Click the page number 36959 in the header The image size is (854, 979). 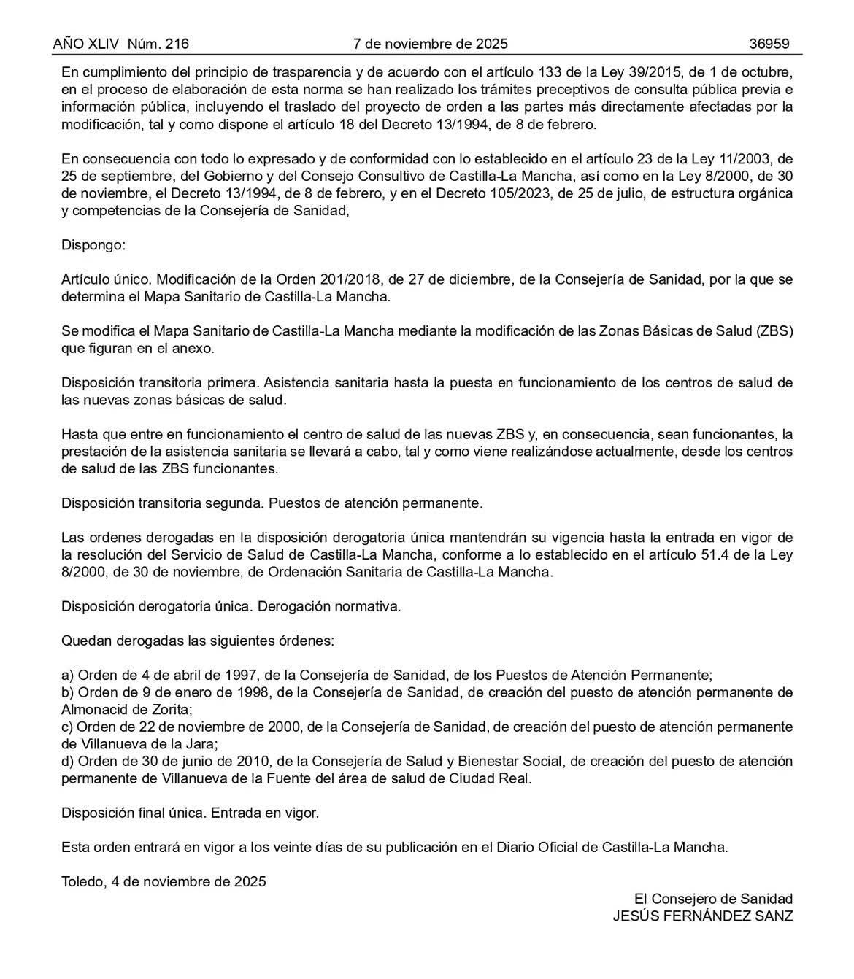(769, 44)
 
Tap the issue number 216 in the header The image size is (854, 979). (177, 44)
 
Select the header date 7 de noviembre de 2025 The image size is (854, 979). (431, 44)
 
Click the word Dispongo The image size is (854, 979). (93, 245)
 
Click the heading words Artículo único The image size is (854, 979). (106, 279)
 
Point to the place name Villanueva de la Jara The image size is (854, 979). (139, 744)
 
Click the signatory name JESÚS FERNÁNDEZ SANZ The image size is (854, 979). (702, 916)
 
